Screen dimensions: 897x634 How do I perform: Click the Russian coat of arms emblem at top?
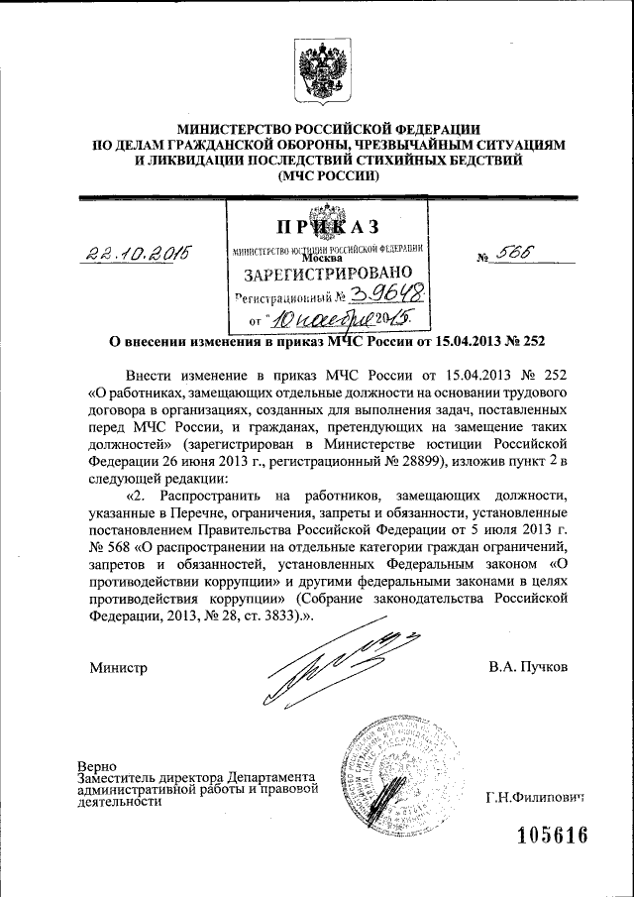pyautogui.click(x=316, y=70)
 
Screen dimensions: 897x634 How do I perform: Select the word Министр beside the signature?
pyautogui.click(x=118, y=667)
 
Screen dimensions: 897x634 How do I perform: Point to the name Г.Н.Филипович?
pyautogui.click(x=535, y=797)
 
